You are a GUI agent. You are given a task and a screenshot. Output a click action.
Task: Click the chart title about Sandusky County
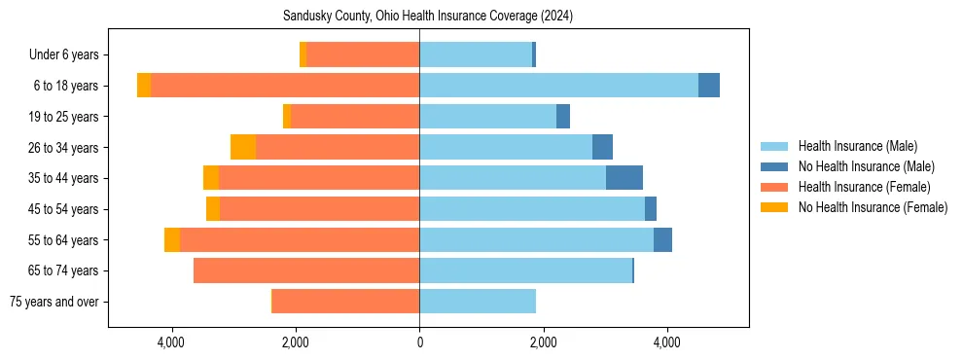[428, 17]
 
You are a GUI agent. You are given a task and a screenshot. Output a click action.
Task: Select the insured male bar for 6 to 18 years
[558, 86]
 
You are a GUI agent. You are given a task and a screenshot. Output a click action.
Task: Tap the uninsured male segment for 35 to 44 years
[624, 178]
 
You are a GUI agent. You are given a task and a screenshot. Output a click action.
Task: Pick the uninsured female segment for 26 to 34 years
[243, 147]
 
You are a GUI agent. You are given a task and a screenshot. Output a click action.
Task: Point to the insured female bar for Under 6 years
[363, 54]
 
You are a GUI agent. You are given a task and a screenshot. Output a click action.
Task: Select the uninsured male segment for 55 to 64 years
[662, 239]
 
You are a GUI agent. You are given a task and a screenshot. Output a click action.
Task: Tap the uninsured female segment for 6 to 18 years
[144, 86]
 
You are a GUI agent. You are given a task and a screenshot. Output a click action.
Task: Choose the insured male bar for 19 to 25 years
[487, 117]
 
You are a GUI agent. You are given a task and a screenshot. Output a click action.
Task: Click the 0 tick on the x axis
[419, 342]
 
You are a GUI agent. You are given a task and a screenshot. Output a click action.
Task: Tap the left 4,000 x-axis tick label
[171, 342]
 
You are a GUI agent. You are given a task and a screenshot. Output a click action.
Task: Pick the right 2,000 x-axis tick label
[543, 342]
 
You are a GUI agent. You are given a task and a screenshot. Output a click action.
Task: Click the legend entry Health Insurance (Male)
[857, 146]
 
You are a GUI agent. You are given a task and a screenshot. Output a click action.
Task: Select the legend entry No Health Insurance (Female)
[873, 207]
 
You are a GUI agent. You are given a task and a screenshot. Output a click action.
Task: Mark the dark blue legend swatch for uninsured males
[774, 166]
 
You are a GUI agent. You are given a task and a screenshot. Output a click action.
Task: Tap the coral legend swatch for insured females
[774, 187]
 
